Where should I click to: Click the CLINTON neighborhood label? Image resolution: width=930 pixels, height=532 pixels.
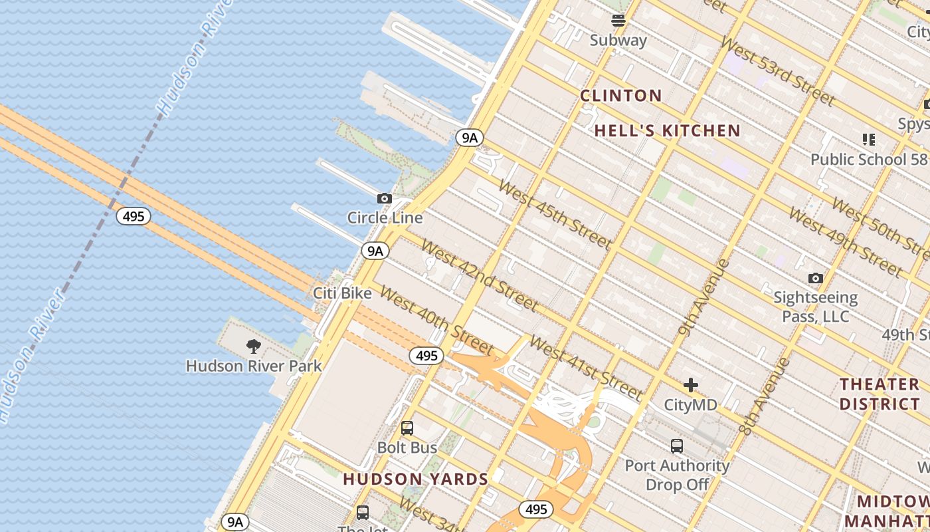[621, 96]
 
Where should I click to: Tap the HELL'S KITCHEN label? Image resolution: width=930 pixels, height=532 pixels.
[667, 131]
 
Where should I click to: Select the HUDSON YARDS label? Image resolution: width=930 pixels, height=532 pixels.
[416, 479]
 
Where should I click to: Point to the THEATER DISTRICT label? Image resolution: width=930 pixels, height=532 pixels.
[880, 394]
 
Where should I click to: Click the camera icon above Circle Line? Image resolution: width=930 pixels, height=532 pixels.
[384, 198]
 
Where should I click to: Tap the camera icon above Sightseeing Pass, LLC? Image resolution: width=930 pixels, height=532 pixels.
[815, 278]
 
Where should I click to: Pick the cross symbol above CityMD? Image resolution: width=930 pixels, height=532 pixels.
[691, 385]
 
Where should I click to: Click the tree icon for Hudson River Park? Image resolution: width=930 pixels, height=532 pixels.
[253, 346]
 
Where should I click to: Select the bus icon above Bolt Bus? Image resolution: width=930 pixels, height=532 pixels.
[407, 428]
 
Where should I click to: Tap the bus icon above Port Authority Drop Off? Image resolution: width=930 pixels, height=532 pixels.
[677, 446]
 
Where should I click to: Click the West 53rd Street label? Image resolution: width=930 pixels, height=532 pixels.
[777, 71]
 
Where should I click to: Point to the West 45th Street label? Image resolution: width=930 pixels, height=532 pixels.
[554, 213]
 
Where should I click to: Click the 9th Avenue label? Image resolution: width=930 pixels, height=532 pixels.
[705, 297]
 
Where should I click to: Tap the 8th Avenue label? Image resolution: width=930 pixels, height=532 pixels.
[765, 396]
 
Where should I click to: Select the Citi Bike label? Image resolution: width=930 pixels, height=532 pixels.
[342, 293]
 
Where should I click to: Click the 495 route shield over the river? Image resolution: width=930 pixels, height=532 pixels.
[134, 216]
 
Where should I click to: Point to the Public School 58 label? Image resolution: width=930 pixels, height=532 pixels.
[868, 160]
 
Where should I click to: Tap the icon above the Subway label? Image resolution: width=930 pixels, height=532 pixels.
[618, 21]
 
